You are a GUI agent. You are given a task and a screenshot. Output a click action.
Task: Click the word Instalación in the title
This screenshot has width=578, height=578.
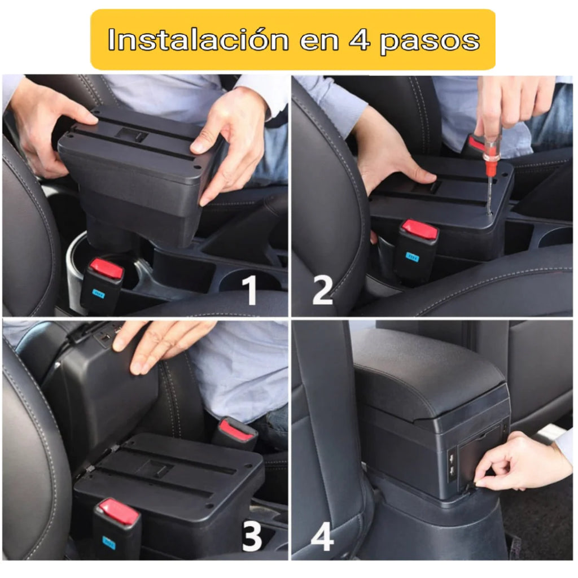(196, 40)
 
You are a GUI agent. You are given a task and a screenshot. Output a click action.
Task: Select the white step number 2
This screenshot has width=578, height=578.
(322, 291)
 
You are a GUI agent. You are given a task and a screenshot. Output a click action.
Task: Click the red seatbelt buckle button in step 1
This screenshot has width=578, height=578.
(107, 269)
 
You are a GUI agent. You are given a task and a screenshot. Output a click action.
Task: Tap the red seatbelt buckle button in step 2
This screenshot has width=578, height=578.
(419, 230)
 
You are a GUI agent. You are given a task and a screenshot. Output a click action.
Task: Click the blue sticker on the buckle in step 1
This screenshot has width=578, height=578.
(99, 294)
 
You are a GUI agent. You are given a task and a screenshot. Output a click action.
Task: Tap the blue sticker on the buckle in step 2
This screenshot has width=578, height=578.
(412, 256)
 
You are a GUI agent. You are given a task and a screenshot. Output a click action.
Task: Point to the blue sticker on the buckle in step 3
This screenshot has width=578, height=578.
(108, 542)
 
